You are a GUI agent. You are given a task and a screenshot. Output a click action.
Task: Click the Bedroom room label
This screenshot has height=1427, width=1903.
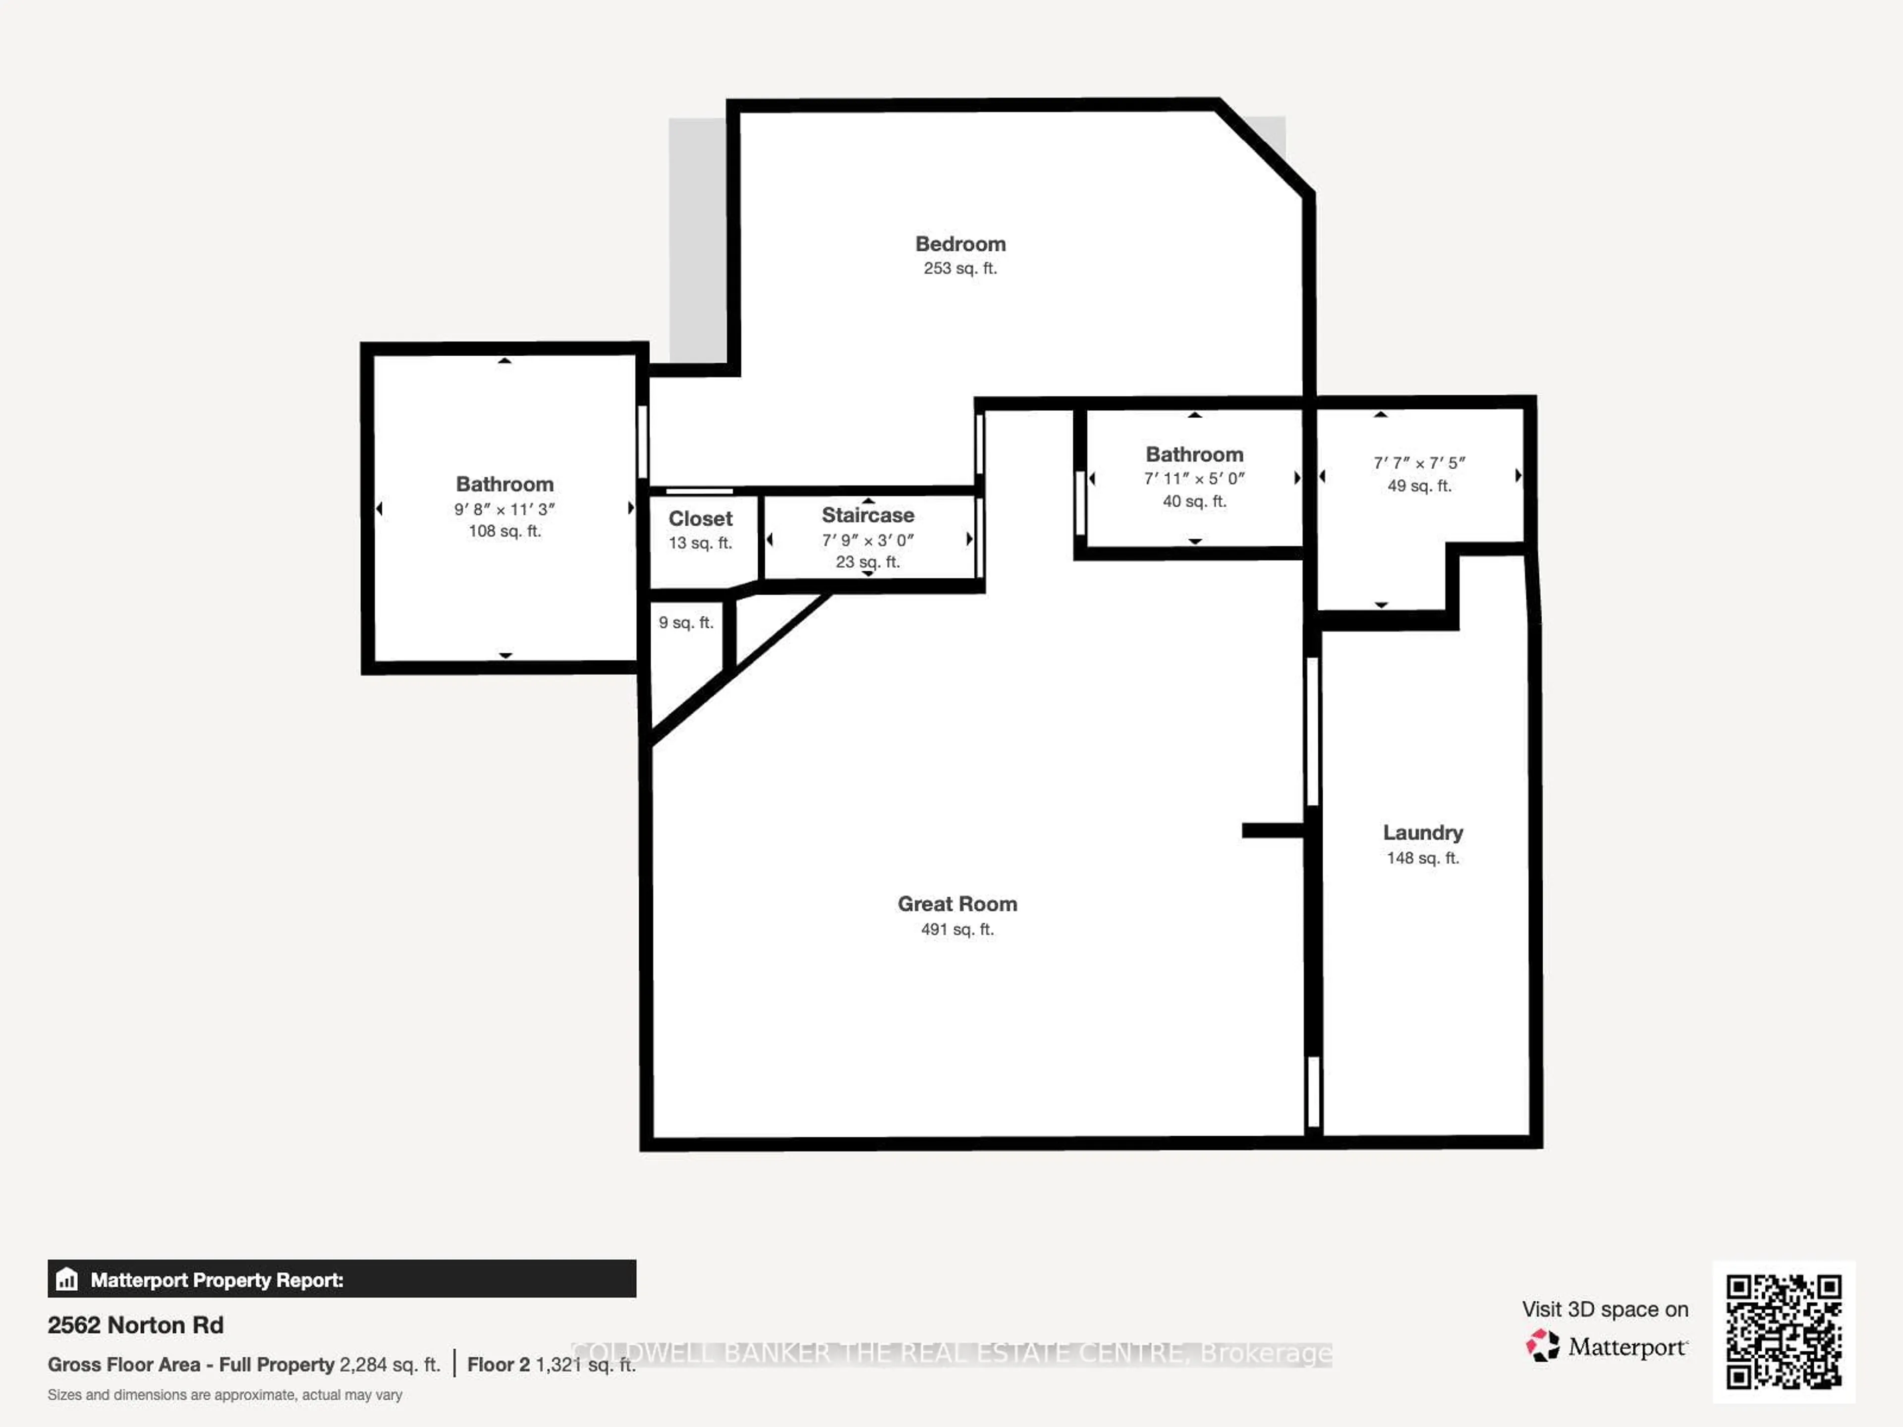(x=960, y=244)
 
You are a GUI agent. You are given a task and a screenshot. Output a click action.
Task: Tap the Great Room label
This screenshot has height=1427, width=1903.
(x=957, y=904)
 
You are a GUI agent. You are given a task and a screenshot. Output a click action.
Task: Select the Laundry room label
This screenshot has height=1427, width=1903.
(x=1423, y=832)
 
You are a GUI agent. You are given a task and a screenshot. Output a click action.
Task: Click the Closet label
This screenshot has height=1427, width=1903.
(x=700, y=519)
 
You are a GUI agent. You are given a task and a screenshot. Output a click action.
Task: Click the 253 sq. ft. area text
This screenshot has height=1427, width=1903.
(x=960, y=269)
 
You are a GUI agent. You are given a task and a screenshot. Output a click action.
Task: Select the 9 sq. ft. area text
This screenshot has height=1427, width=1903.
(x=686, y=623)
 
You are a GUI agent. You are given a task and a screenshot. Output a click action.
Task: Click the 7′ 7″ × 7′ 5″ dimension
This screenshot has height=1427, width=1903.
(x=1419, y=463)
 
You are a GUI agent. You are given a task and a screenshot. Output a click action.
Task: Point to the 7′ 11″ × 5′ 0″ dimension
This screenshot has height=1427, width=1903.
(x=1194, y=478)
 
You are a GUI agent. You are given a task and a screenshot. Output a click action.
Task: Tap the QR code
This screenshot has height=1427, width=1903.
(x=1784, y=1331)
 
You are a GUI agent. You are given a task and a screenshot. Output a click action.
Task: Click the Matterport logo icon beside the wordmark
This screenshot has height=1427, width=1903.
(x=1543, y=1345)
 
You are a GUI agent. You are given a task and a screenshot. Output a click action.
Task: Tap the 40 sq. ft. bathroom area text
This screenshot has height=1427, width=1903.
(x=1194, y=501)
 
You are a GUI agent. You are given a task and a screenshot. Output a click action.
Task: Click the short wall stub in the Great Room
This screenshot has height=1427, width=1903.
(x=1273, y=830)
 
